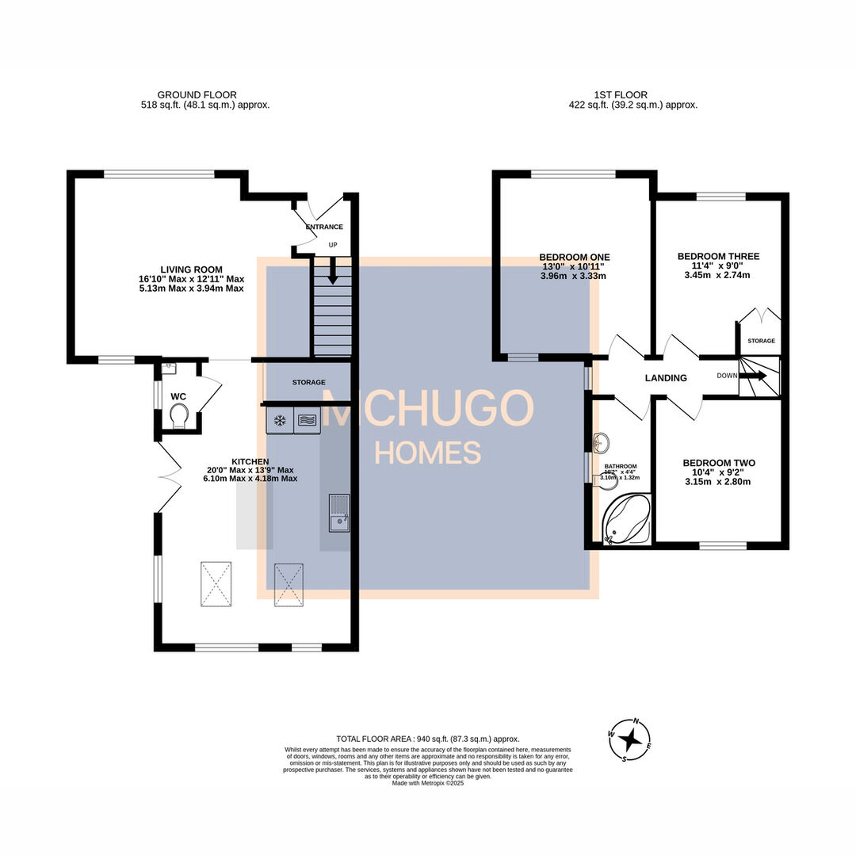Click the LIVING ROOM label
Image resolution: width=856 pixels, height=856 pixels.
point(191,269)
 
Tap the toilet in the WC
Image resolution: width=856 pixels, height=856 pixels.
point(179,415)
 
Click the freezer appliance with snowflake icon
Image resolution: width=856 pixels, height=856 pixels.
point(279,420)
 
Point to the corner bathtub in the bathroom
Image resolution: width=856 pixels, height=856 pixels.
point(626,520)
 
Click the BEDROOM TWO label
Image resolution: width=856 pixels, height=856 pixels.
point(719,463)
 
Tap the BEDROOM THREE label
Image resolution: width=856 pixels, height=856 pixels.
point(718,256)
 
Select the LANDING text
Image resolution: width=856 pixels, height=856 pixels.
point(666,378)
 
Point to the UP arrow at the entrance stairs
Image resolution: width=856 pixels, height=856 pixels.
point(333,271)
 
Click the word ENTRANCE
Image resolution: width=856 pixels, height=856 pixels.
point(324,227)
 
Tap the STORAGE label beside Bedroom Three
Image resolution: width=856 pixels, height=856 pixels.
point(761,341)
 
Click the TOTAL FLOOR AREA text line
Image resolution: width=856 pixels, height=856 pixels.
point(428,739)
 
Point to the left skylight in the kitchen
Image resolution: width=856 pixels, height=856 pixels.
point(216,583)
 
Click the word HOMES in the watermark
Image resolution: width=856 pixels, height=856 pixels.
point(427,453)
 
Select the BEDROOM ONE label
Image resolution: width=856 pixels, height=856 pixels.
point(574,257)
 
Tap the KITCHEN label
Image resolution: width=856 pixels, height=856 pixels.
point(250,461)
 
